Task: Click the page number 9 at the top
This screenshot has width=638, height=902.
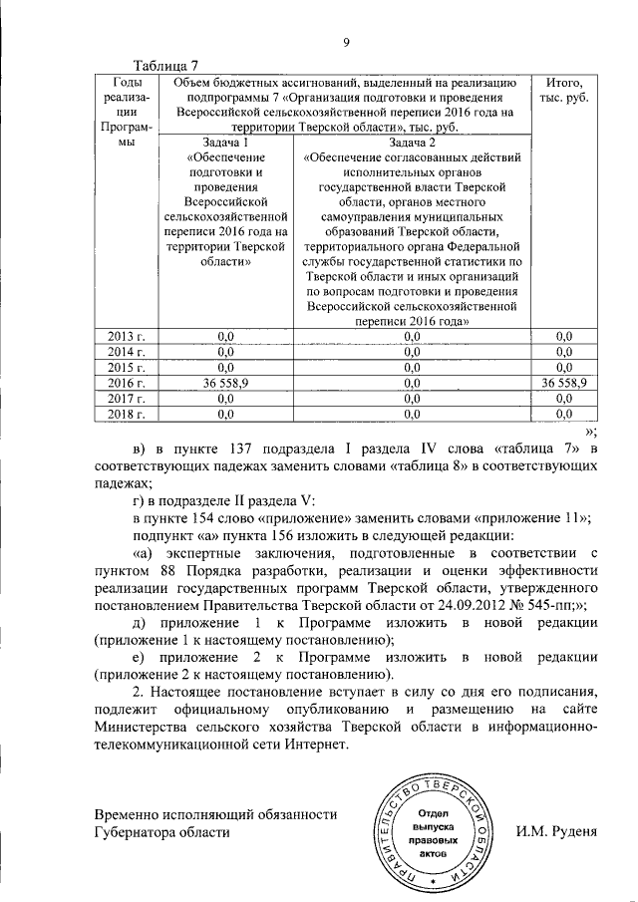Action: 347,41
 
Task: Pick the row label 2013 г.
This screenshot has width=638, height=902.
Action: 127,336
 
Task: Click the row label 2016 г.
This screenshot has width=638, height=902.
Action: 127,382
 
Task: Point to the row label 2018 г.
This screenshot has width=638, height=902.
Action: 127,412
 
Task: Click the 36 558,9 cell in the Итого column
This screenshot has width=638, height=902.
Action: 563,382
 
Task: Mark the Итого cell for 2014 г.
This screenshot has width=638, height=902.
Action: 563,351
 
